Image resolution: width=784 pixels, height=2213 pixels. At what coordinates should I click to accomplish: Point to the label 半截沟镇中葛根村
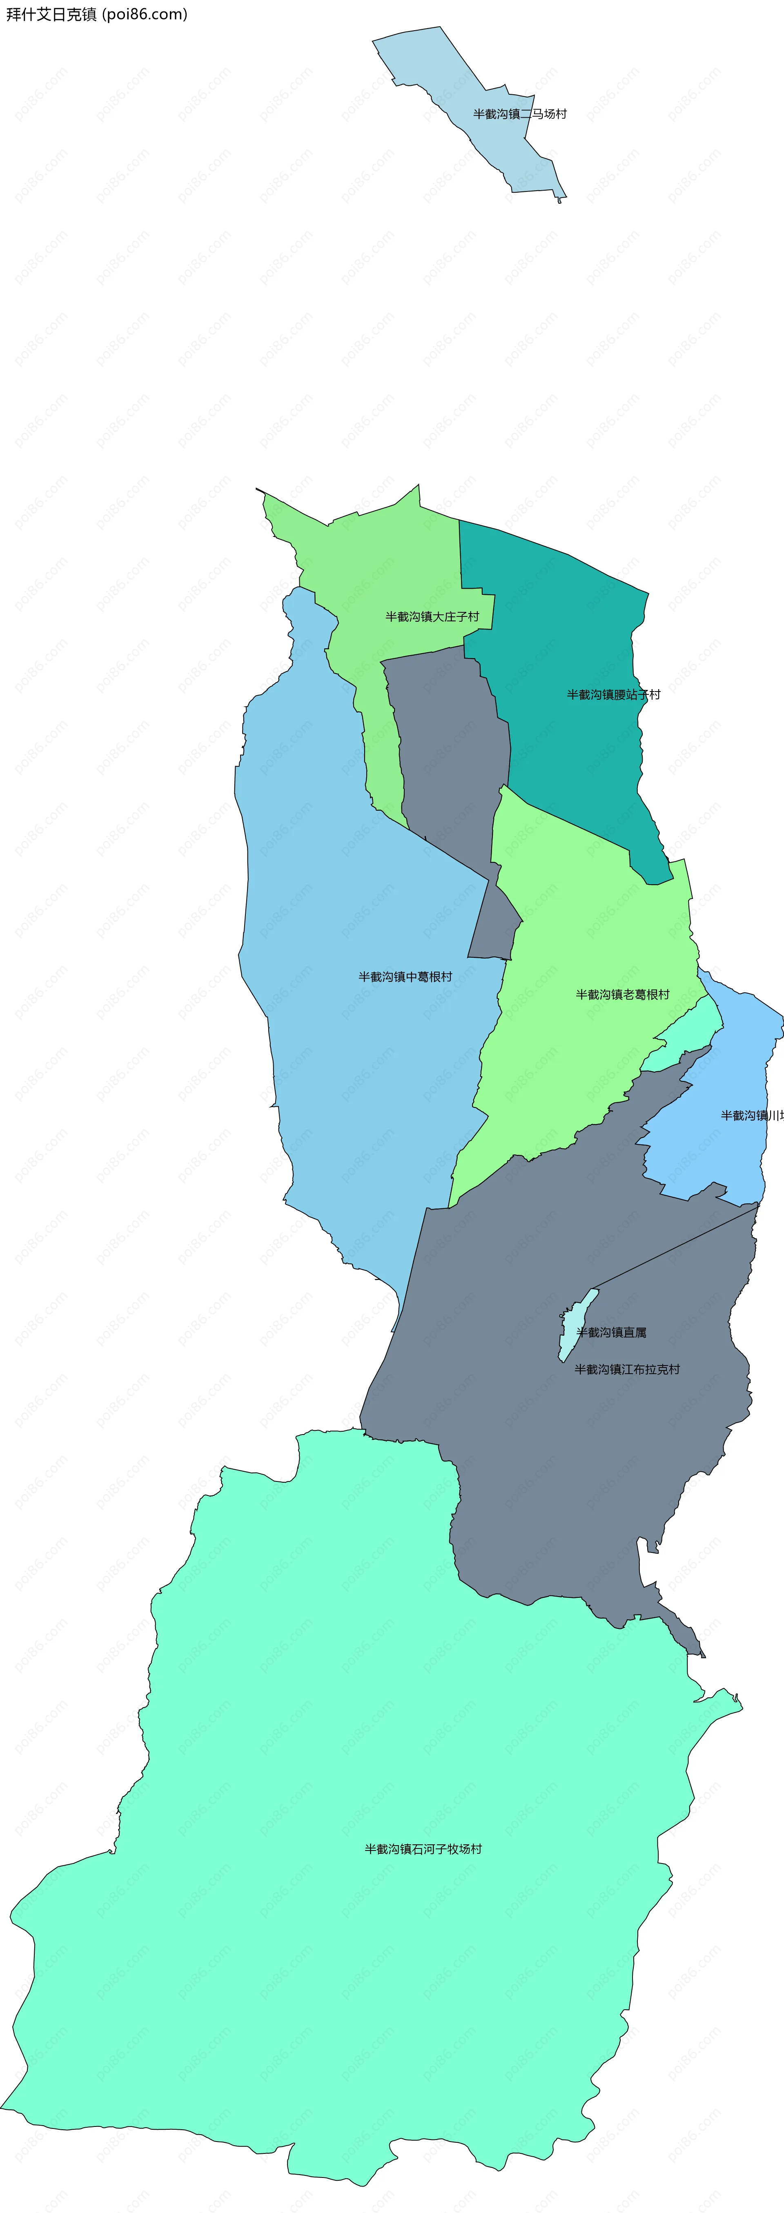click(x=405, y=977)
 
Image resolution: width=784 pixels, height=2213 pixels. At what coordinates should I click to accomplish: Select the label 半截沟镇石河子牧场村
click(x=423, y=1849)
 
